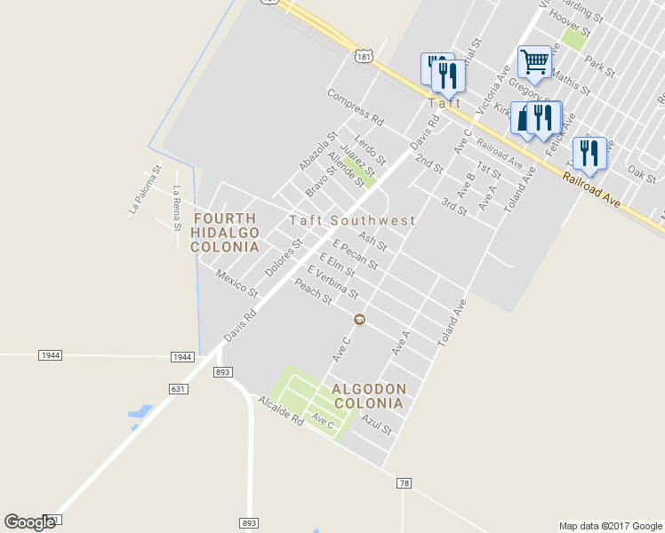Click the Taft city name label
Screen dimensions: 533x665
pyautogui.click(x=445, y=103)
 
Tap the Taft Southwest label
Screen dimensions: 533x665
pyautogui.click(x=352, y=220)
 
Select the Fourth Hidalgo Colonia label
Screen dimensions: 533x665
pyautogui.click(x=225, y=232)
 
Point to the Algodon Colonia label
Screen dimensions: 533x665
pyautogui.click(x=369, y=396)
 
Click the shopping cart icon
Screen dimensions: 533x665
pyautogui.click(x=534, y=61)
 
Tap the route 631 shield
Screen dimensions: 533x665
pyautogui.click(x=179, y=388)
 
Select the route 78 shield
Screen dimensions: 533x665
pyautogui.click(x=405, y=482)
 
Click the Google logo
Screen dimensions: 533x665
pyautogui.click(x=29, y=522)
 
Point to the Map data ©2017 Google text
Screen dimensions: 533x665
pyautogui.click(x=611, y=526)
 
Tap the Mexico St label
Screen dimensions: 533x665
pyautogui.click(x=236, y=283)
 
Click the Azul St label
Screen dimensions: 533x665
pyautogui.click(x=378, y=424)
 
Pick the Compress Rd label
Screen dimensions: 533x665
pyautogui.click(x=355, y=107)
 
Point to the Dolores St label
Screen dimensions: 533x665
pyautogui.click(x=284, y=257)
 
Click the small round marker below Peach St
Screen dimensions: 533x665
pyautogui.click(x=359, y=320)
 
